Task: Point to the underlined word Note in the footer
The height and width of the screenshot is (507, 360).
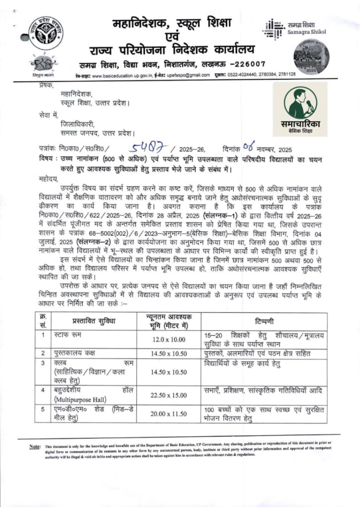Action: (35, 447)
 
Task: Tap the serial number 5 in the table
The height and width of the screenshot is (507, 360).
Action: (43, 409)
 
